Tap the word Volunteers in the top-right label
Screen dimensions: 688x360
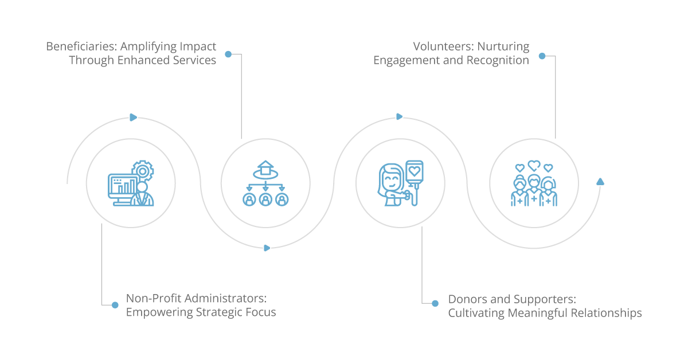tap(441, 46)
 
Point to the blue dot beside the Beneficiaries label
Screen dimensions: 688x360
tap(228, 54)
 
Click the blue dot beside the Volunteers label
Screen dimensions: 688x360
tap(542, 56)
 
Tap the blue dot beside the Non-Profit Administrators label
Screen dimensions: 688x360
tap(115, 305)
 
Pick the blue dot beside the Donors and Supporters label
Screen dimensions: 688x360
tap(435, 303)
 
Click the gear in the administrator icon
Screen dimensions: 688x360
tap(143, 171)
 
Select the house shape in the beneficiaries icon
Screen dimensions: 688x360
tap(265, 167)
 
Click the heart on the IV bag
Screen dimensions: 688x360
tap(415, 171)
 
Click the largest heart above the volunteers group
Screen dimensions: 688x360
tap(534, 165)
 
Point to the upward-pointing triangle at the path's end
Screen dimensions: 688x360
tap(600, 182)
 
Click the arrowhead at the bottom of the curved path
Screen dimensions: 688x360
tap(267, 248)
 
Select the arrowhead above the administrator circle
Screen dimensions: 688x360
tap(133, 118)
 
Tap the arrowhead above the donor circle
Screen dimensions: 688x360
tap(399, 117)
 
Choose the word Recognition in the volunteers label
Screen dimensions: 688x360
tap(498, 60)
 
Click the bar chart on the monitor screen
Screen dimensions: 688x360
tap(126, 186)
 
